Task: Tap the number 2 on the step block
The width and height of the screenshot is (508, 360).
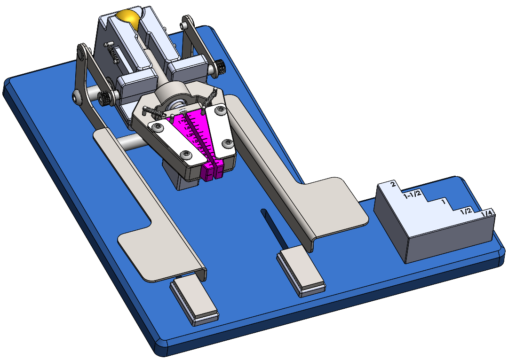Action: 393,184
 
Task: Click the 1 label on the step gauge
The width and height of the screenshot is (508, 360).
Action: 443,202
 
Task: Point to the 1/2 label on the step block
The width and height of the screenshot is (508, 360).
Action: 466,211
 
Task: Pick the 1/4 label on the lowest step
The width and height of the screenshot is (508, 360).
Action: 487,214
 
